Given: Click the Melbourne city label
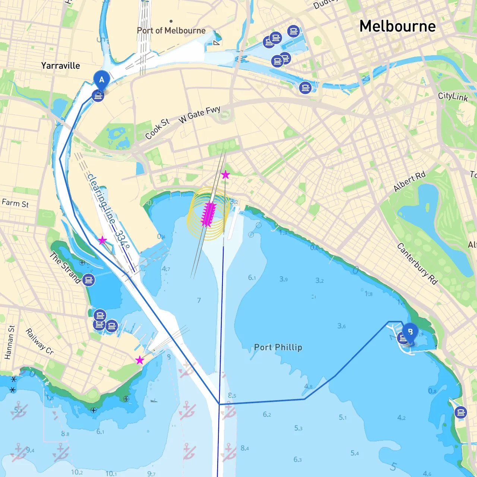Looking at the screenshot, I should (x=397, y=26).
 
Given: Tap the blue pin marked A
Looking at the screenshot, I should (x=101, y=80).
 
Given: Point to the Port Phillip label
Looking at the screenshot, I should (x=278, y=347).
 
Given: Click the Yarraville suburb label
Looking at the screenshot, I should (x=60, y=66).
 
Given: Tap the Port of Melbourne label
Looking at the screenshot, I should (x=171, y=31).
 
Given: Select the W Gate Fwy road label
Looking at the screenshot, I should (x=199, y=114).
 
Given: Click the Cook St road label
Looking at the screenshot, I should (x=157, y=129).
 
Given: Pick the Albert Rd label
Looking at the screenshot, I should (x=409, y=182).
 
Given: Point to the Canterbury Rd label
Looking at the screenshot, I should (x=417, y=264).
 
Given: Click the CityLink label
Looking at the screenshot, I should (x=453, y=96).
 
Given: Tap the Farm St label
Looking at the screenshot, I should (x=15, y=203).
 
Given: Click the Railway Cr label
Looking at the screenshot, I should (x=40, y=341).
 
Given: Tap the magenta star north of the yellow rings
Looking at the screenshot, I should (x=225, y=174).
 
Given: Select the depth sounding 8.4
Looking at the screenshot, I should (x=245, y=448).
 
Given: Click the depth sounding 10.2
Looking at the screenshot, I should (x=77, y=472).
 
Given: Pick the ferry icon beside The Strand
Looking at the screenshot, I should (x=89, y=280).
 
